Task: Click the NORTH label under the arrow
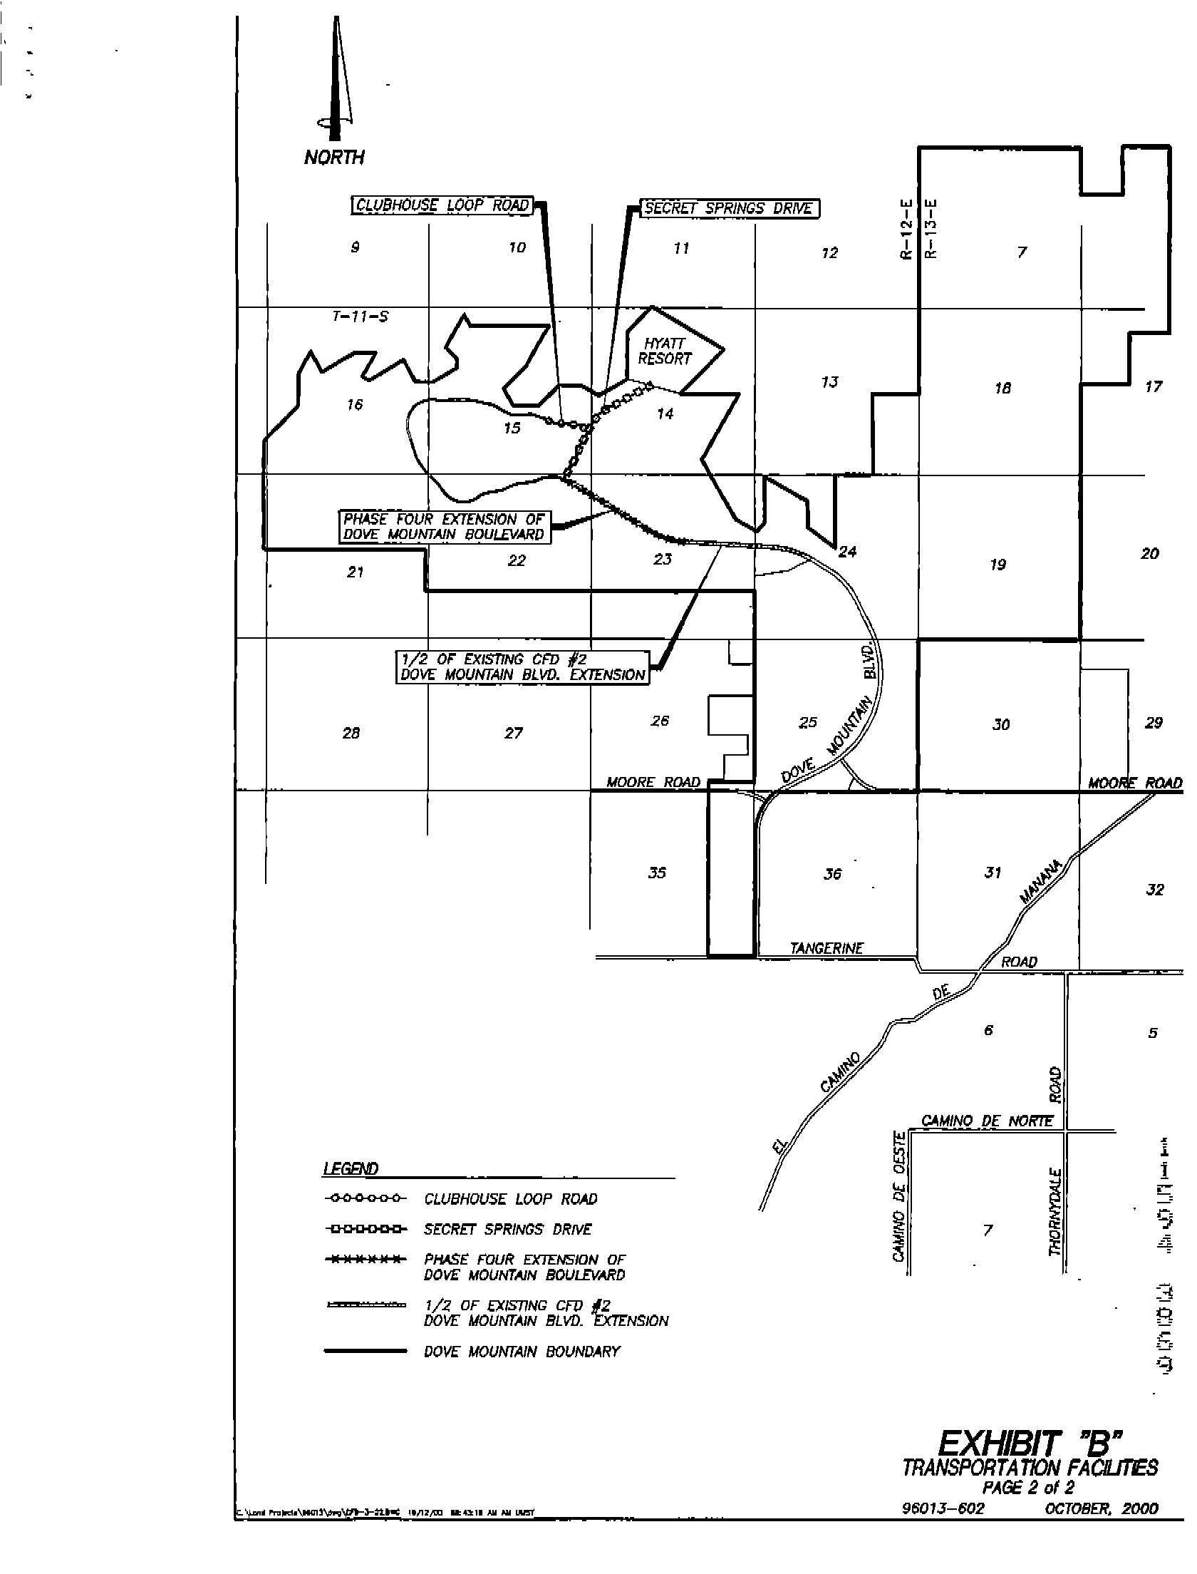coord(333,158)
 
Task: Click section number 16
coord(355,405)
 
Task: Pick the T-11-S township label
coord(361,317)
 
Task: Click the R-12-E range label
coord(906,230)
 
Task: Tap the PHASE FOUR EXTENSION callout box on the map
coord(444,527)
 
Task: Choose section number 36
coord(832,874)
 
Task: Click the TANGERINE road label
coord(826,949)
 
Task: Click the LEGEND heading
coord(351,1169)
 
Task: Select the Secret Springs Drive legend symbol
coord(365,1229)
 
